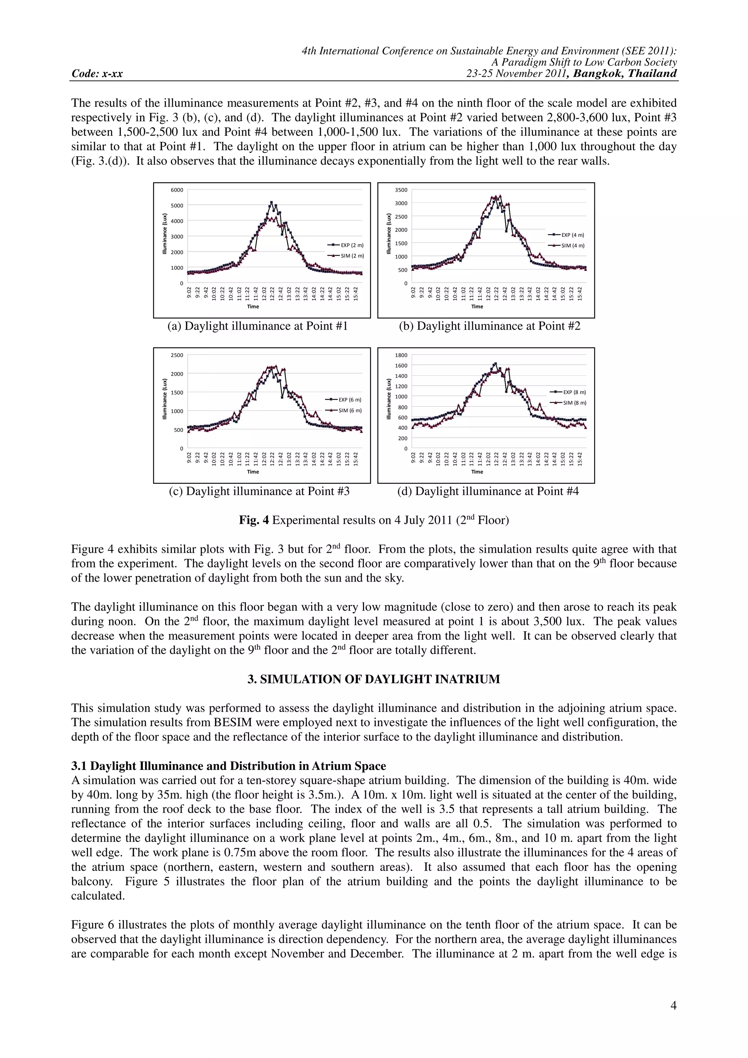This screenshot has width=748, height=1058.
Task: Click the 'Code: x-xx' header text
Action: (x=97, y=74)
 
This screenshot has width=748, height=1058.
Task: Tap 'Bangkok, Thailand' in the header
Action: (x=625, y=73)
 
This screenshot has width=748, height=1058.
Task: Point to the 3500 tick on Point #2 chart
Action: (x=401, y=190)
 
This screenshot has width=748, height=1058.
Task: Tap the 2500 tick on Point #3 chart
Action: (x=178, y=355)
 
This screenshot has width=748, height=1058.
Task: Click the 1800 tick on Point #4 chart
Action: (x=401, y=355)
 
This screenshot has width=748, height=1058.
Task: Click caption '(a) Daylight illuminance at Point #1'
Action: (x=257, y=326)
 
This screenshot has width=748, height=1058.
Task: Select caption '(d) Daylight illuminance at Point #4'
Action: (x=488, y=491)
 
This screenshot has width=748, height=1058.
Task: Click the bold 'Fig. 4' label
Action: (x=253, y=520)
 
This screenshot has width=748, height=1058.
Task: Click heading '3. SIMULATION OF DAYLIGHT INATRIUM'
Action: (x=373, y=679)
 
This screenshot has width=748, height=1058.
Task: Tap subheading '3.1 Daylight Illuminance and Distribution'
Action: (x=228, y=766)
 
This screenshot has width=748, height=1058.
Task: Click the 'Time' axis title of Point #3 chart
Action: (x=252, y=471)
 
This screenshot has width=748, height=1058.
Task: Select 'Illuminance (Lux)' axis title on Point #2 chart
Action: (x=389, y=234)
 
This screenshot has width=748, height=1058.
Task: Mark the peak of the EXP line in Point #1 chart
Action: (x=271, y=202)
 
